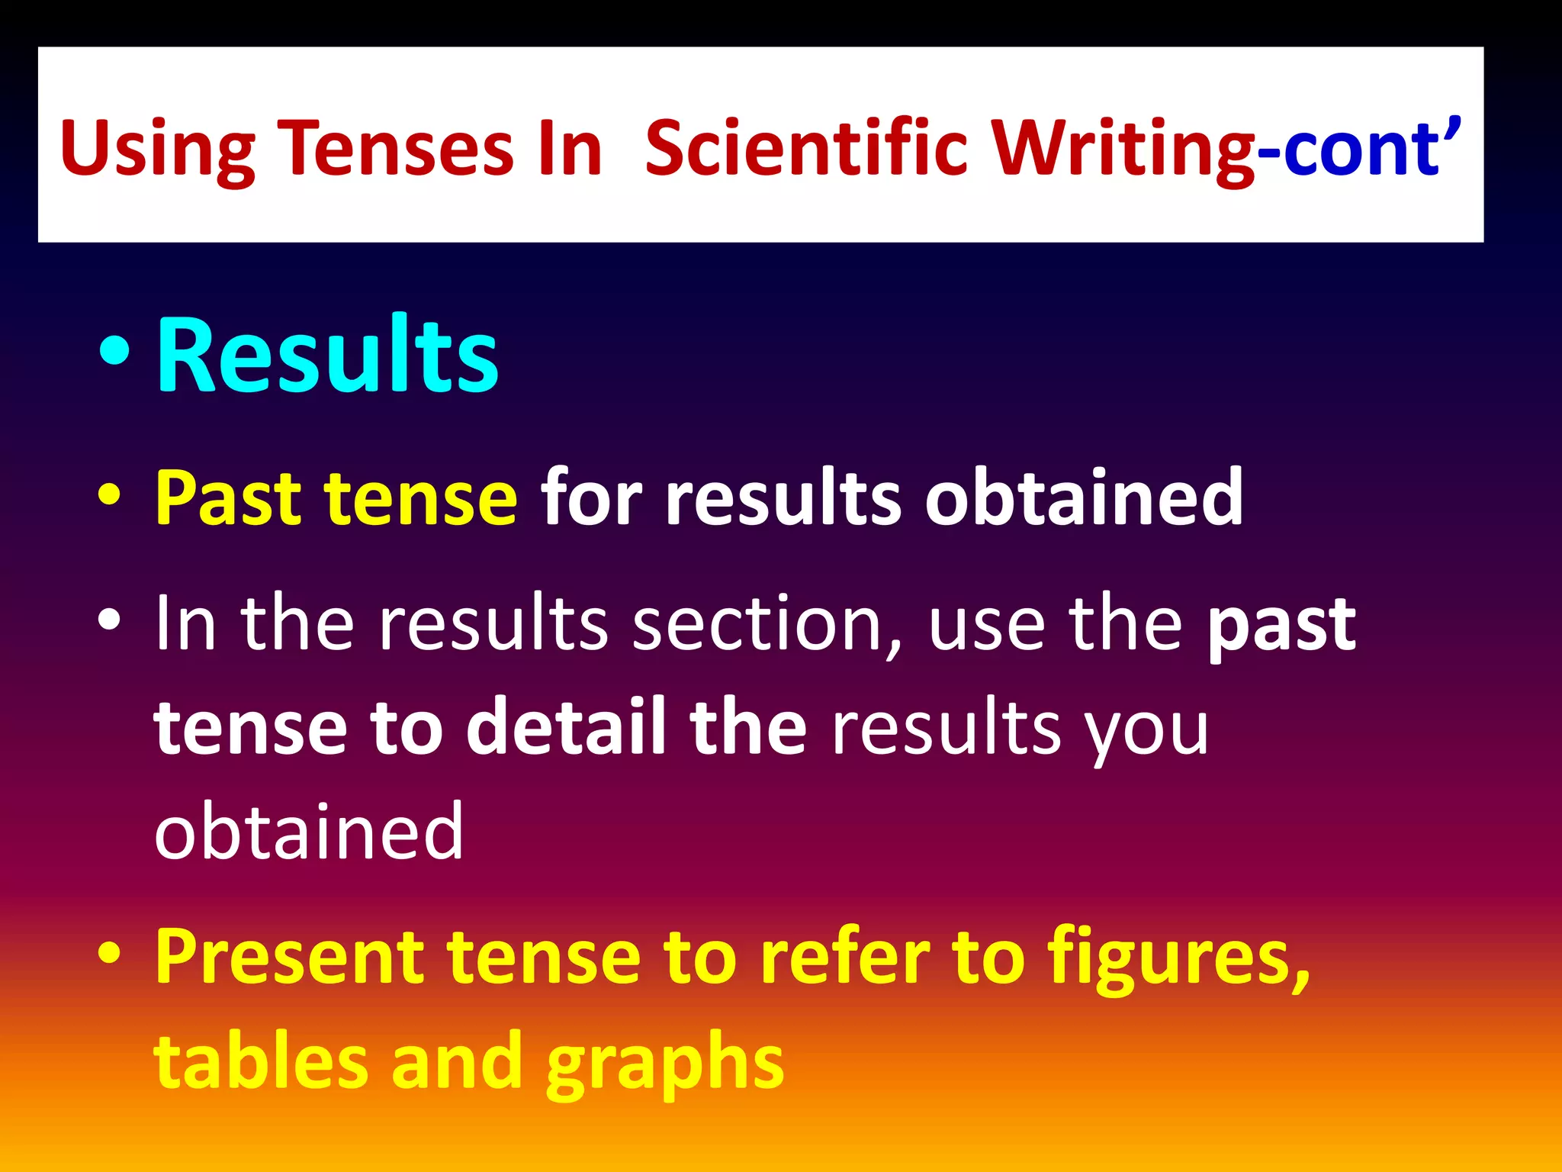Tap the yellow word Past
(228, 498)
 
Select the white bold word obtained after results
(1084, 498)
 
